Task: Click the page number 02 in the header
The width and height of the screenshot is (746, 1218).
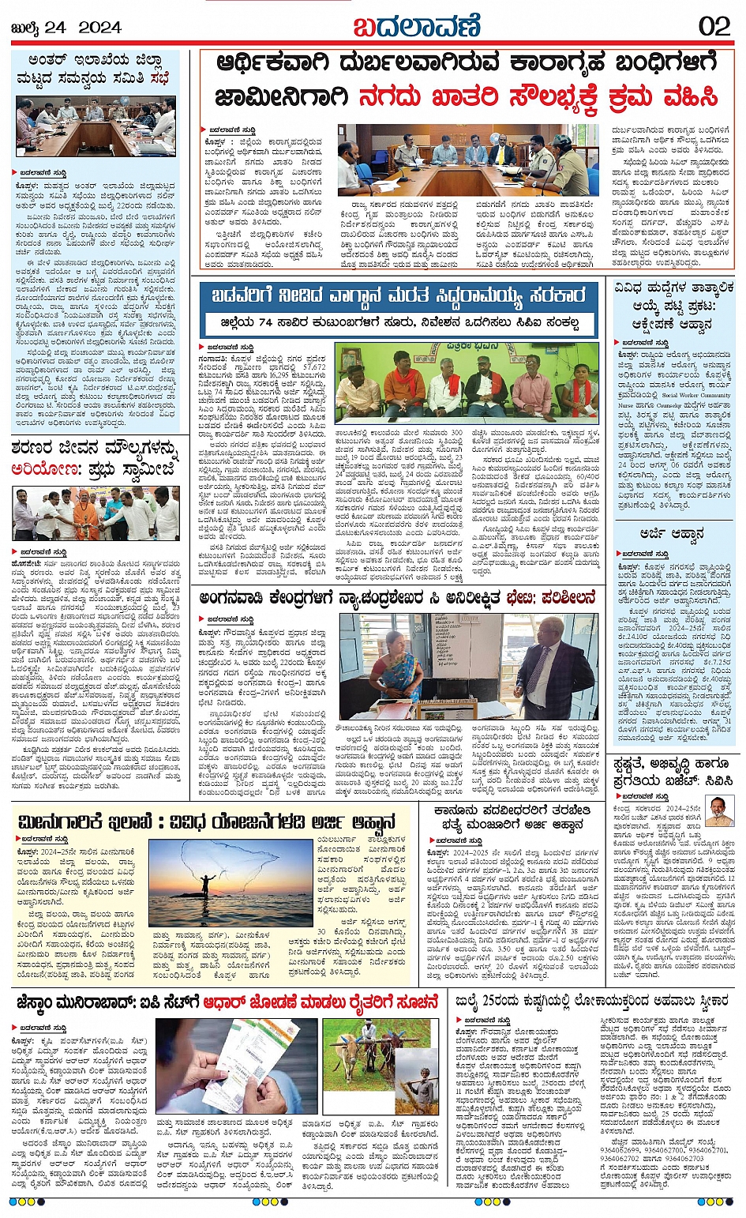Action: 714,26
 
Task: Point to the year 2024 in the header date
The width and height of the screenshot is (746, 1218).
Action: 99,28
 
